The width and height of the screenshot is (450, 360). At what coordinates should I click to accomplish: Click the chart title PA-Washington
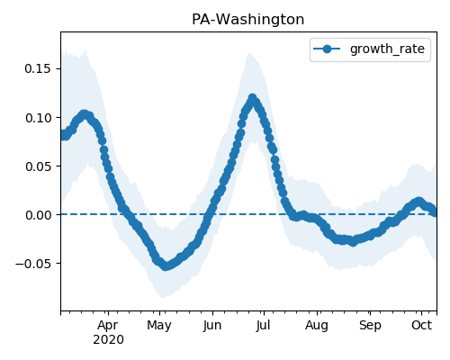(247, 20)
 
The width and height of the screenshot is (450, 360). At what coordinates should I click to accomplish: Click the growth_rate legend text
(387, 49)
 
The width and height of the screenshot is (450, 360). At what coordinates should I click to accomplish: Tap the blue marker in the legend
(327, 49)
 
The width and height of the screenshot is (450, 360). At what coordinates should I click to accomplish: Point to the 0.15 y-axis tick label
(38, 69)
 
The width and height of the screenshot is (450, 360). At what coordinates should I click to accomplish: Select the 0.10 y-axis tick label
(38, 118)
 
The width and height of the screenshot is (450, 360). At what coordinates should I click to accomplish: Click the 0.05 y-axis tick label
(38, 166)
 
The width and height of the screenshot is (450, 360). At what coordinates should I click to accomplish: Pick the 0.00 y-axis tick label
(38, 215)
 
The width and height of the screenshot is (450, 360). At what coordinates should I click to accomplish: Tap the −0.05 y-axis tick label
(33, 264)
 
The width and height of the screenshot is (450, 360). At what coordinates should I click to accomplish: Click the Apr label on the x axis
(108, 325)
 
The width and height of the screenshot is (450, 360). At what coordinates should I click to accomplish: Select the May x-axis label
(159, 325)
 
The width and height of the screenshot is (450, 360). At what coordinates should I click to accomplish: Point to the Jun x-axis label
(212, 325)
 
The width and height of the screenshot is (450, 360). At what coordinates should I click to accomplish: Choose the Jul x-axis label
(263, 325)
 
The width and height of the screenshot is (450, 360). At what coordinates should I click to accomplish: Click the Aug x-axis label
(317, 325)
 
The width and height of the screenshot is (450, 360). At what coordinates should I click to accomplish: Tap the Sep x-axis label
(370, 325)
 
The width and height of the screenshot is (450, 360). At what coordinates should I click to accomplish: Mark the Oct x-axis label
(421, 325)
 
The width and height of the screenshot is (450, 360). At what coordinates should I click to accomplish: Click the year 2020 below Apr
(108, 340)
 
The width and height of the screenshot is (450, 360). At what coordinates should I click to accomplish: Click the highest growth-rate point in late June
(252, 98)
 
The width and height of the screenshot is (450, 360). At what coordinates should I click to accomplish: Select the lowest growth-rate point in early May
(166, 266)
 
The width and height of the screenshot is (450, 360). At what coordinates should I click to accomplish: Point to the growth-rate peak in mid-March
(85, 114)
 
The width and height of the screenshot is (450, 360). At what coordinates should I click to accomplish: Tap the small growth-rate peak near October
(418, 202)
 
